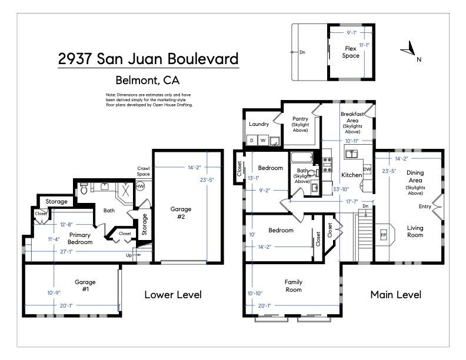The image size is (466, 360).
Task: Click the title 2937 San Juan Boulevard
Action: point(148,59)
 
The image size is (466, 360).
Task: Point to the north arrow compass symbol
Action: point(410,52)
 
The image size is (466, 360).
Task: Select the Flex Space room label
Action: point(350,52)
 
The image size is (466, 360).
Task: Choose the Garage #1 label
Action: point(85,285)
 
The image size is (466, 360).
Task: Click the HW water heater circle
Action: point(140,186)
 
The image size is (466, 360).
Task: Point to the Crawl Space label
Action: point(144,171)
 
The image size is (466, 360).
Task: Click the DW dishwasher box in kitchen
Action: point(367,169)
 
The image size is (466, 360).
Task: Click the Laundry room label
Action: point(259,124)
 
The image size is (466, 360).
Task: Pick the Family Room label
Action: point(293,285)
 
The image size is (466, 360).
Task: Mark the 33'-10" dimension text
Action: point(341,189)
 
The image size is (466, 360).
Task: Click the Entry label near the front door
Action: point(424,206)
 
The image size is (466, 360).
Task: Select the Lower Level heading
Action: point(173,295)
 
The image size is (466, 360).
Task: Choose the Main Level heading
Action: point(395,295)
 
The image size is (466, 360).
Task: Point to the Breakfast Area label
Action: point(352,117)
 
